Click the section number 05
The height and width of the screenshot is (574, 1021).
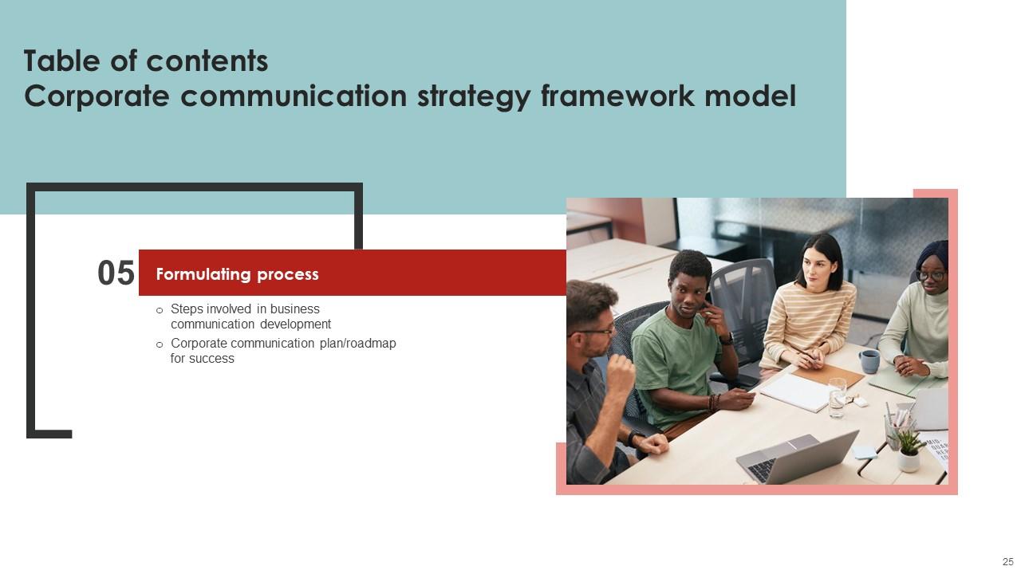tap(116, 273)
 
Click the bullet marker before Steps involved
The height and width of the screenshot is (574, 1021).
tap(160, 310)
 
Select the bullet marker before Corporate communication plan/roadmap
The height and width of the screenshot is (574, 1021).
tap(160, 344)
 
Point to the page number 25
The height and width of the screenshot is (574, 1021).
tap(1007, 562)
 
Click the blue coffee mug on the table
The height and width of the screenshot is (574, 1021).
tap(869, 361)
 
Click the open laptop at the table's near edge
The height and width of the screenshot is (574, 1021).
tap(798, 457)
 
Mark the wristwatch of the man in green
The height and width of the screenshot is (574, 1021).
tap(727, 339)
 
